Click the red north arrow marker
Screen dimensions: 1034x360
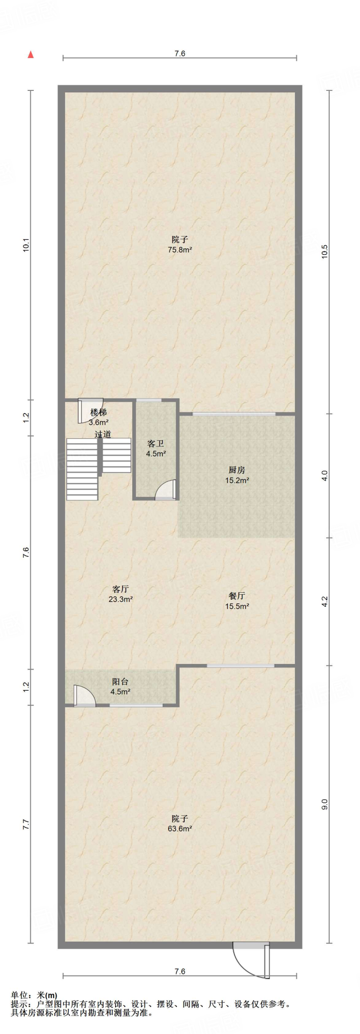(x=31, y=55)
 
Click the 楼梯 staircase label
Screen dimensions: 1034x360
(x=99, y=412)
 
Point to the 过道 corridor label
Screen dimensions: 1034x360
(x=103, y=434)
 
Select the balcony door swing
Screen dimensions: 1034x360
(x=84, y=695)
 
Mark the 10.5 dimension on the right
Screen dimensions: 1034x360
(x=325, y=251)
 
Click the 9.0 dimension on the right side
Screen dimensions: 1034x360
(x=325, y=804)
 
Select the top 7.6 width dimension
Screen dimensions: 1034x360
(x=180, y=54)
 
